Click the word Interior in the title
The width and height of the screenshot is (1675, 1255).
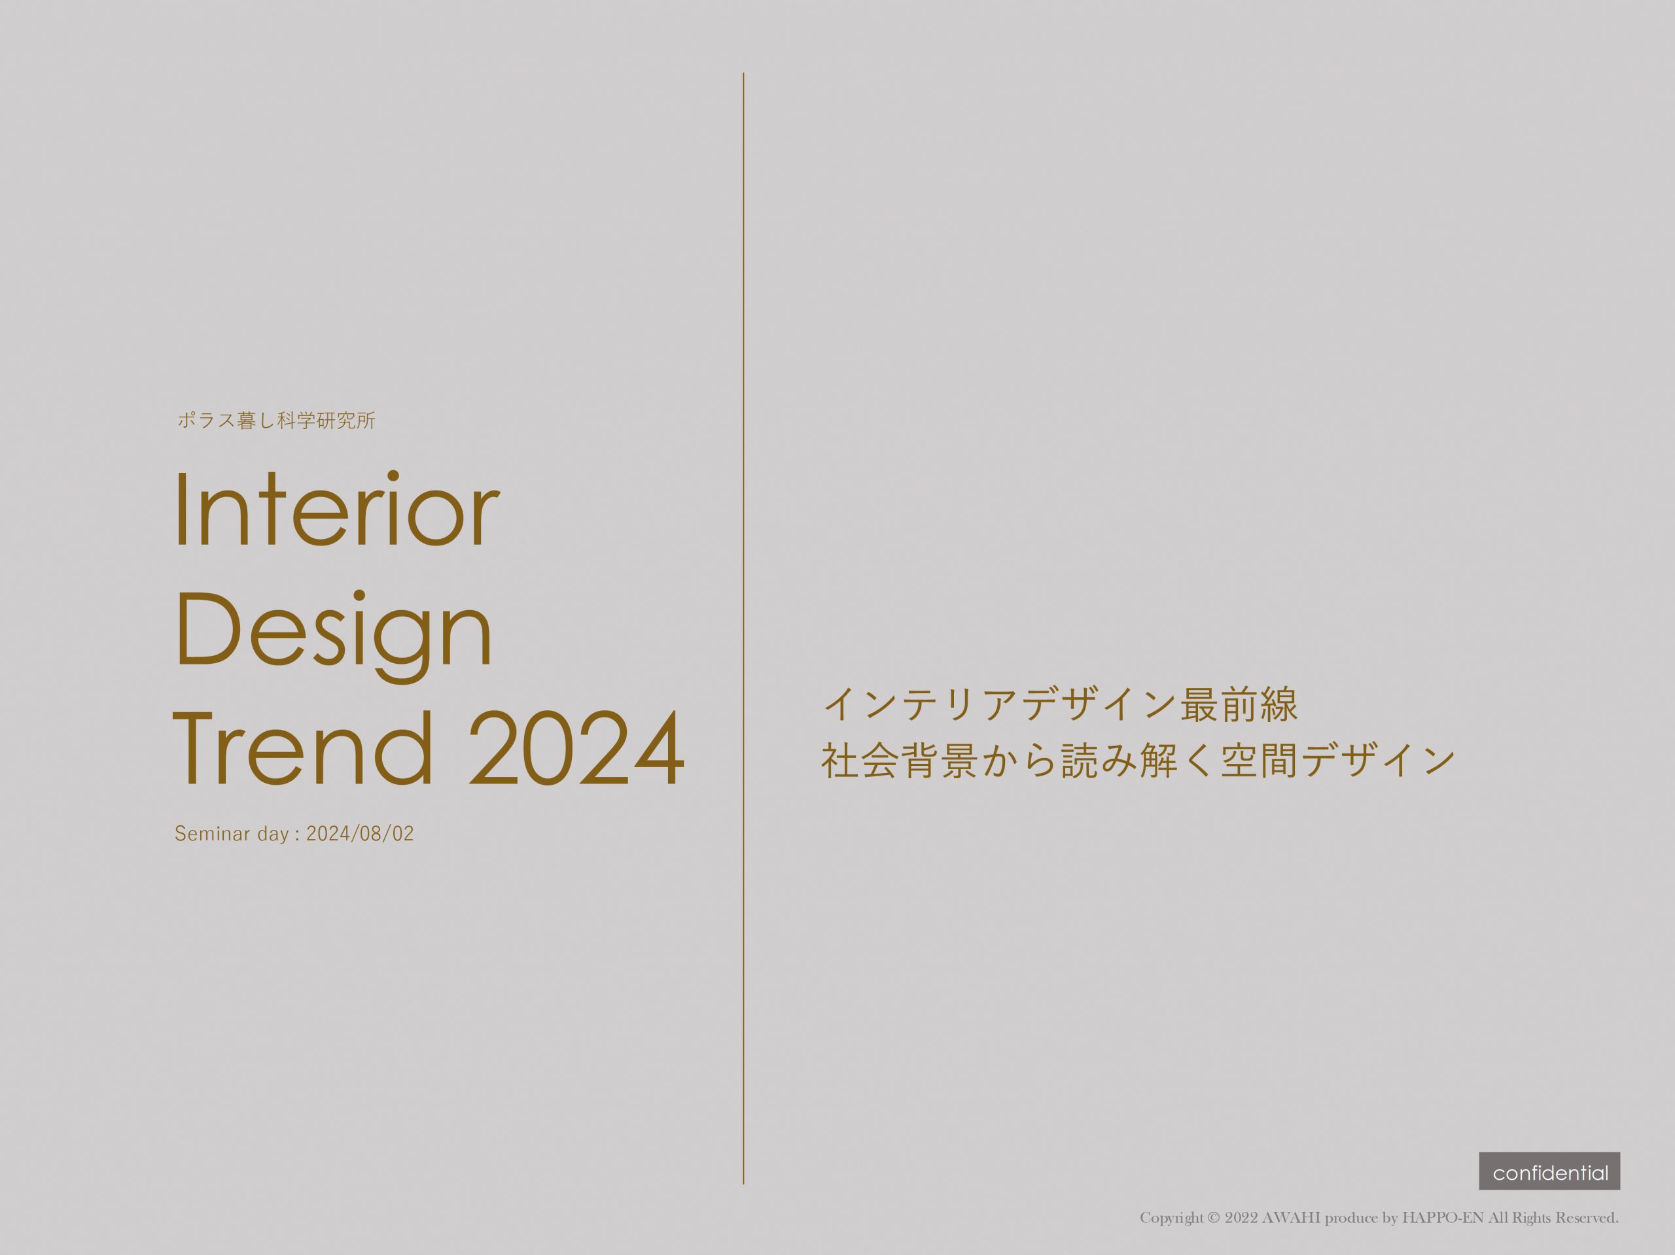click(337, 509)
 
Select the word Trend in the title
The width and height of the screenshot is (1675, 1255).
click(304, 748)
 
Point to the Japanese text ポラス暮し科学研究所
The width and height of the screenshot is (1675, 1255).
click(276, 420)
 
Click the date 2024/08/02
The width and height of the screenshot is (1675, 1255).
click(360, 834)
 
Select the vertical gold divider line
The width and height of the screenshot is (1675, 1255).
click(743, 628)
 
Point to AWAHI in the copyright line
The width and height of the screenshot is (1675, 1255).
click(1290, 1218)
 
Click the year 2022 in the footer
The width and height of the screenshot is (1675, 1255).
click(1241, 1218)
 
